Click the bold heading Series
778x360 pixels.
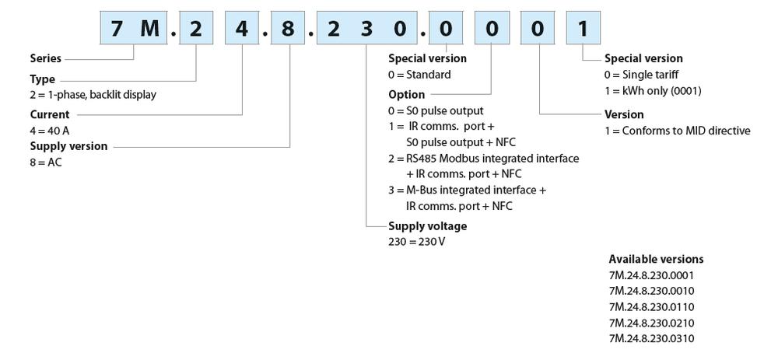[x=45, y=58]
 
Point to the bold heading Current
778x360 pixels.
[x=50, y=115]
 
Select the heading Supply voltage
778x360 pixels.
[x=428, y=225]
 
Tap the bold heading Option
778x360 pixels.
[x=406, y=94]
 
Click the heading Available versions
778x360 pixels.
[x=656, y=259]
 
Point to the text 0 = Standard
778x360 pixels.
[x=419, y=75]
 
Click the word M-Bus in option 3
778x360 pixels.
[x=425, y=190]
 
